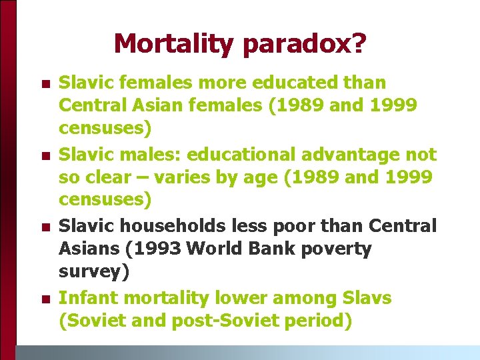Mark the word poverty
[x=338, y=249]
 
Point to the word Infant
[x=83, y=298]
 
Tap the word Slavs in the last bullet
[x=365, y=298]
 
